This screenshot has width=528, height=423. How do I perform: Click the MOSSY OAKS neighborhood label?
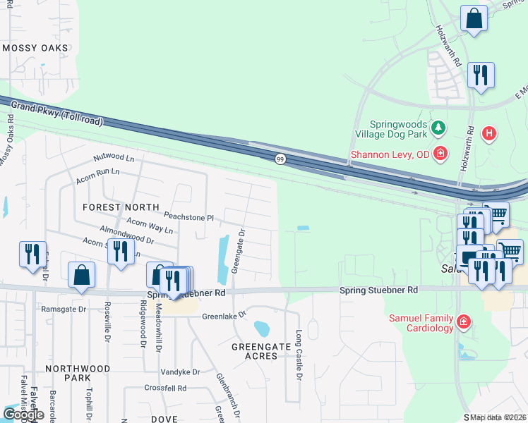35,48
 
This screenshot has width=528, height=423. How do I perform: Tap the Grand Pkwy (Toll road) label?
56,113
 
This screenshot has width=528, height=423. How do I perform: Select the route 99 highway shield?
280,159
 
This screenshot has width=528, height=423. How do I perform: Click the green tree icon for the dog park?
439,128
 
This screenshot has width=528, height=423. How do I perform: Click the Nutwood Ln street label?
114,157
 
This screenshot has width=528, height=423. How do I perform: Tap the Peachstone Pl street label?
188,217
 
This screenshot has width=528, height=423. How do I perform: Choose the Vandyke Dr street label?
180,372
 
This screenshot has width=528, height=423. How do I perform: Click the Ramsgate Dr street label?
63,309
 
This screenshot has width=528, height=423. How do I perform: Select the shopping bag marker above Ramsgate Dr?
82,275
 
